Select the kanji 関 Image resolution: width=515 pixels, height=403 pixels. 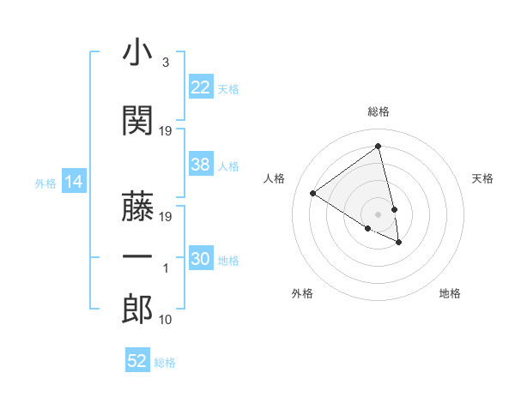[137, 121]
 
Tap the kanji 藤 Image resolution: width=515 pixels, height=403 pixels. [137, 207]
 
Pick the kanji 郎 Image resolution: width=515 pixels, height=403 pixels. [137, 309]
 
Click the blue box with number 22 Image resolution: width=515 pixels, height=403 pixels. [201, 87]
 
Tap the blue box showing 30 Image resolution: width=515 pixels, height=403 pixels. [201, 260]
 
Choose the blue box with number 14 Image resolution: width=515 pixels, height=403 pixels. [73, 182]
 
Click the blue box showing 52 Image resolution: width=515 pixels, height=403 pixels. [137, 361]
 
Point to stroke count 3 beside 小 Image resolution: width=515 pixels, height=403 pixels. [165, 63]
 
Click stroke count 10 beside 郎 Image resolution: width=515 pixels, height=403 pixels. [166, 320]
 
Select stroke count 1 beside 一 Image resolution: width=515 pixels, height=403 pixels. [166, 268]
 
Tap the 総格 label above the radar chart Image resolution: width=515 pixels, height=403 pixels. [379, 111]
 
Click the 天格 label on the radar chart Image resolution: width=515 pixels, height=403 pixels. [482, 178]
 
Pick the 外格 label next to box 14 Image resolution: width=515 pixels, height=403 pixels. [45, 183]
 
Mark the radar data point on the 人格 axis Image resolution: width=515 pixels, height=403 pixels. [313, 193]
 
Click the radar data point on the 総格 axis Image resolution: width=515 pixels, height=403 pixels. [379, 146]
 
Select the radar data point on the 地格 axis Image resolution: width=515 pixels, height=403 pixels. [399, 243]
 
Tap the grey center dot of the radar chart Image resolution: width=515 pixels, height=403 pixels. [379, 214]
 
